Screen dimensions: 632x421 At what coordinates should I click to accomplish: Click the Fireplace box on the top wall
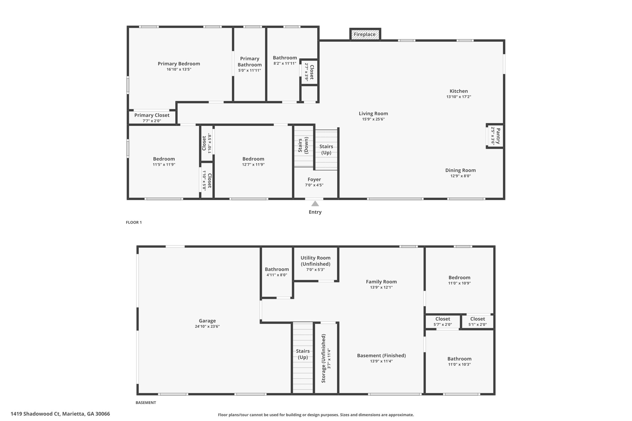click(x=365, y=34)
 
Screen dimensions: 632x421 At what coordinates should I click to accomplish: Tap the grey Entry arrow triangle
click(x=315, y=204)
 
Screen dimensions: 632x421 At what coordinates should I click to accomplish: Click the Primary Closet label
click(x=152, y=115)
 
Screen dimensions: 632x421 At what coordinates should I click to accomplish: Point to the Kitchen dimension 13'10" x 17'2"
click(x=459, y=97)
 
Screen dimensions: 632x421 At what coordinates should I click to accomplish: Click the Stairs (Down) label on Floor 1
click(x=303, y=145)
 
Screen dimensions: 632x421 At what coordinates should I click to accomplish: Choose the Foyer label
click(x=314, y=180)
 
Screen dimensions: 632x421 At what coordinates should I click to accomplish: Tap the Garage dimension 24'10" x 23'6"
click(x=207, y=326)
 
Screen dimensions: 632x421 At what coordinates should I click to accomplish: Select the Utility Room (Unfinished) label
click(x=315, y=261)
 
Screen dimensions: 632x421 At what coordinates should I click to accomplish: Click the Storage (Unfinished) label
click(x=323, y=358)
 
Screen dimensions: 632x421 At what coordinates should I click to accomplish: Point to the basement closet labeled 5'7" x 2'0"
click(x=443, y=321)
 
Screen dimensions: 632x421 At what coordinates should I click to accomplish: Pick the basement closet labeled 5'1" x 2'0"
click(x=477, y=321)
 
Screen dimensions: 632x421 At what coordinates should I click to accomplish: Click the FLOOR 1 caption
click(x=134, y=222)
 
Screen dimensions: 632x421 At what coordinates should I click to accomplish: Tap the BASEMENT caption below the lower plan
click(x=146, y=402)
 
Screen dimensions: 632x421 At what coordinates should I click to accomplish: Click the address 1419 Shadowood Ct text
click(x=36, y=414)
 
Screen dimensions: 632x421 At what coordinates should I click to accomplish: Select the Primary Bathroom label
click(x=250, y=62)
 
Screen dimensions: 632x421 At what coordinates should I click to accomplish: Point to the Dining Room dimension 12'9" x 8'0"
click(x=460, y=176)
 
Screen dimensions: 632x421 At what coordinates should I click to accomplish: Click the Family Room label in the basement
click(x=381, y=282)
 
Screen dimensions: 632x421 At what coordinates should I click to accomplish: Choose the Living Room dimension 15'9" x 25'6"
click(x=373, y=119)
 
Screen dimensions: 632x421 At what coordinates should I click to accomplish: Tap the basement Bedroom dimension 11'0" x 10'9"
click(x=459, y=283)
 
